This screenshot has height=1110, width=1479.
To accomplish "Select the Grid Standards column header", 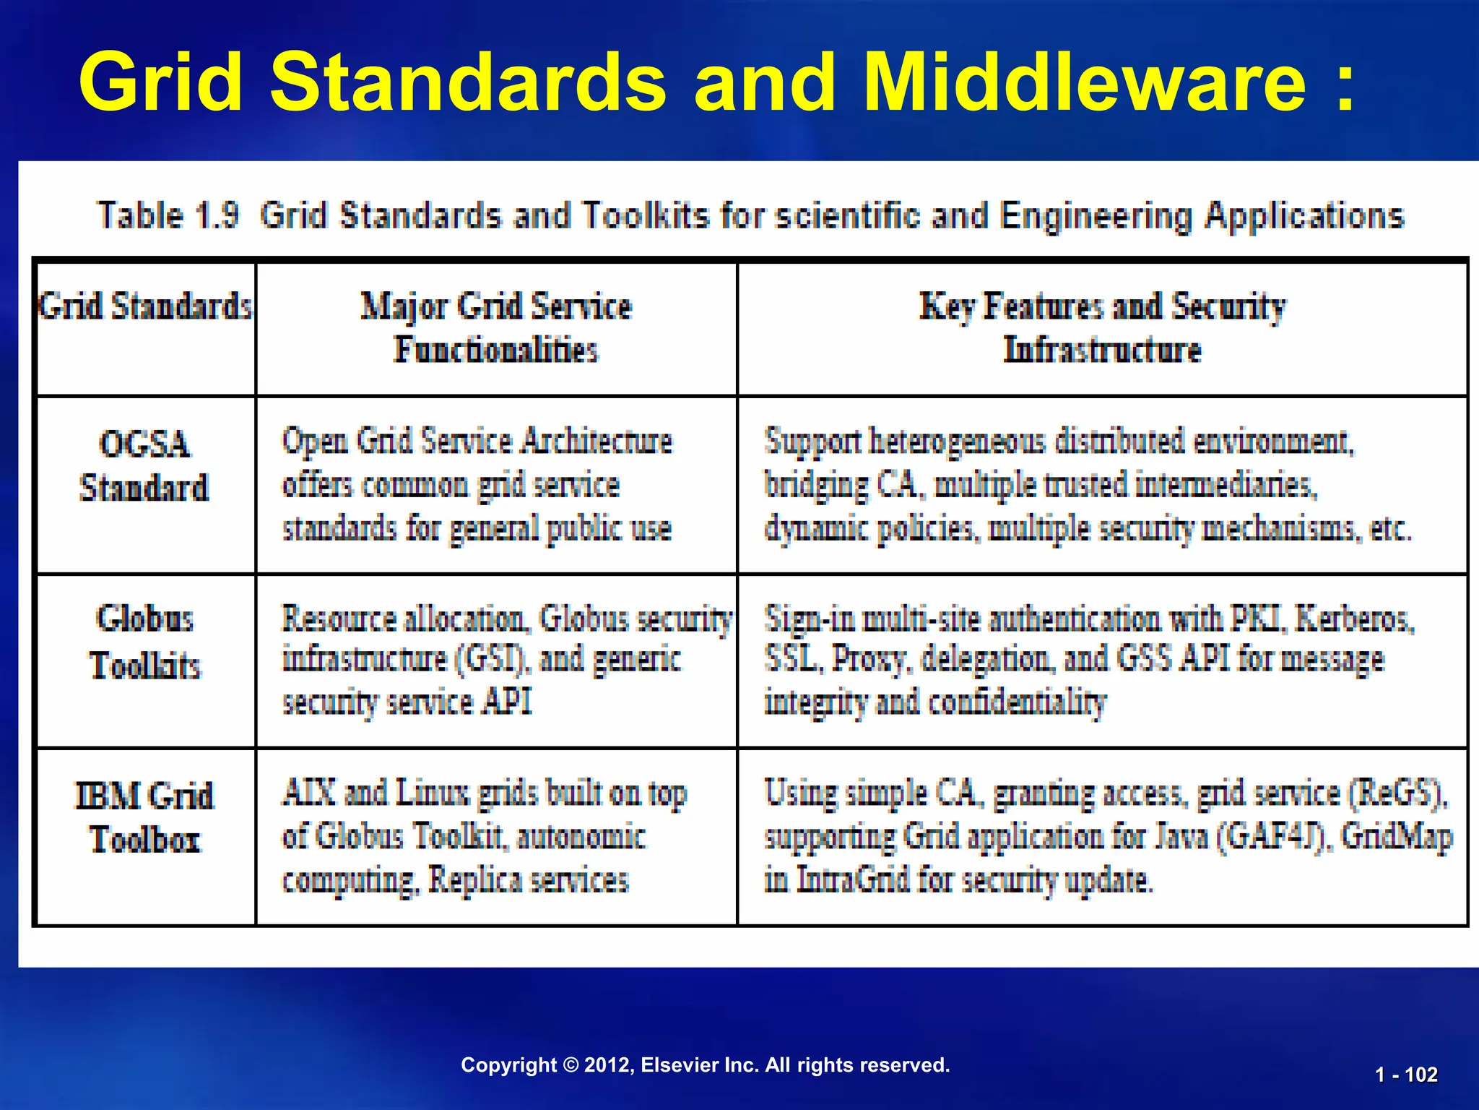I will [145, 306].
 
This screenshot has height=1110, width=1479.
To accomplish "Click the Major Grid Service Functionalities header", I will [496, 328].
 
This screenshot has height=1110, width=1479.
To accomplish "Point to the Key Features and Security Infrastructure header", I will [1102, 328].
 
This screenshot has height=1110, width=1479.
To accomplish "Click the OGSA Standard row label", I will [144, 466].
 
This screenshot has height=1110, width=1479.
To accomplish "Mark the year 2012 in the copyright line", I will [607, 1065].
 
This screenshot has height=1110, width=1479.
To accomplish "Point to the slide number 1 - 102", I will [1406, 1075].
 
